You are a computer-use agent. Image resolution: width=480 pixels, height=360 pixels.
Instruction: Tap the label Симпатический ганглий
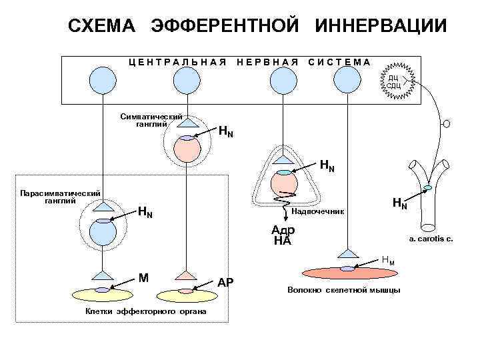tap(151, 119)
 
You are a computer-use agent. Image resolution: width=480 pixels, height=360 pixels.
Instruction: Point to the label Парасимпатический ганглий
tap(60, 197)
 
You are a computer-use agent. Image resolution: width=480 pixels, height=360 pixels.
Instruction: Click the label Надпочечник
tap(319, 212)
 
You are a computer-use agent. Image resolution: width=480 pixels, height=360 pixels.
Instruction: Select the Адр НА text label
tap(283, 235)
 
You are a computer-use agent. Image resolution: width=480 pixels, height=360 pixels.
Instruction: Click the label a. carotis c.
tap(431, 238)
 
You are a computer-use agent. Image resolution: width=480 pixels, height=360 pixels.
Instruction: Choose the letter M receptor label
tap(143, 277)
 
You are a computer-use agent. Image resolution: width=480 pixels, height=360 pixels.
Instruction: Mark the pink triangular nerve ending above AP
tap(189, 274)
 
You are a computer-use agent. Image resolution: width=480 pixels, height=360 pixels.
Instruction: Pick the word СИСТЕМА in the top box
tap(339, 62)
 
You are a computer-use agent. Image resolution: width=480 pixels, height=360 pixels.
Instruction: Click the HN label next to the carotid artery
tap(399, 202)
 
